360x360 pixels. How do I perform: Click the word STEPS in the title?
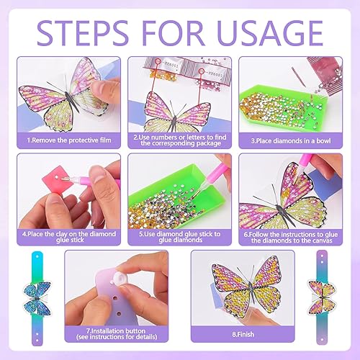[x=83, y=33]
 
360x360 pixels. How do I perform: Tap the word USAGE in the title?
[x=270, y=33]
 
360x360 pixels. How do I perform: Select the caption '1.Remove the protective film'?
[x=69, y=140]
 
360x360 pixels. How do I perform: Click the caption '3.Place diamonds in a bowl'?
[x=291, y=140]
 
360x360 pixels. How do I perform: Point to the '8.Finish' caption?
[x=243, y=334]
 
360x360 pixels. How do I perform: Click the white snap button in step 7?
[x=120, y=279]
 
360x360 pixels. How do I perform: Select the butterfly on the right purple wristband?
[x=322, y=297]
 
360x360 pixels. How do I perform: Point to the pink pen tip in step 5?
[x=195, y=194]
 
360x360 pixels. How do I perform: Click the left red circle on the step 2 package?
[x=158, y=62]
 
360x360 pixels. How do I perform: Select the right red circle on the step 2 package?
[x=202, y=71]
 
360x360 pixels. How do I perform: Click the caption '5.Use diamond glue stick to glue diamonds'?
[x=180, y=237]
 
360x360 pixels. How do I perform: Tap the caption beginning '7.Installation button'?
[x=117, y=334]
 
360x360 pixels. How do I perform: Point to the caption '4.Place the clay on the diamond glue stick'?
[x=69, y=237]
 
